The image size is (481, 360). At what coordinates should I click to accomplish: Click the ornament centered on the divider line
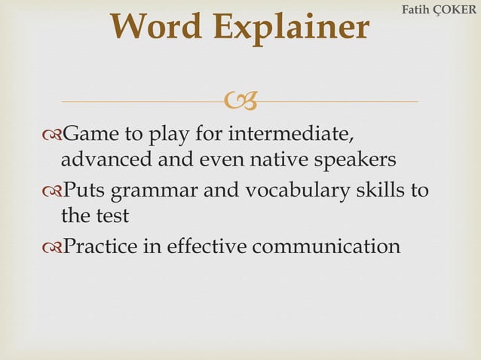point(241,101)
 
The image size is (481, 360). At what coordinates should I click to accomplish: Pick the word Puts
point(86,189)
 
